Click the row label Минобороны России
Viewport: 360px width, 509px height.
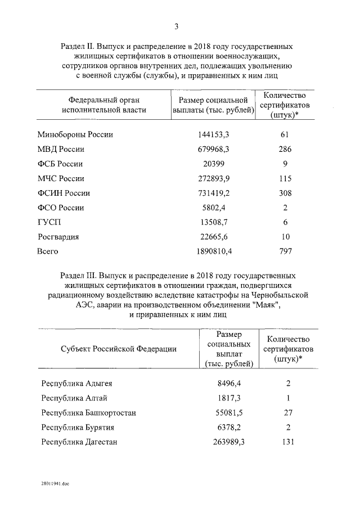tap(75, 135)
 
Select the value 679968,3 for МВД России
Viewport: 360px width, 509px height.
tap(213, 150)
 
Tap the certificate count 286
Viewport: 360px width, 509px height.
tap(285, 150)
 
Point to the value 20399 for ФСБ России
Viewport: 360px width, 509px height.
tap(213, 164)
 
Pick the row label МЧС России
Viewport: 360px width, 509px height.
tap(61, 179)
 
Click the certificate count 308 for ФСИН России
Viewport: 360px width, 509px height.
tap(285, 193)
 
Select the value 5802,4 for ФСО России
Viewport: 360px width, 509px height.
tap(213, 208)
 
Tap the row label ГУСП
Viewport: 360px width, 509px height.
tap(49, 223)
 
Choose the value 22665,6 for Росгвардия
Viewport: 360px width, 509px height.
tap(213, 237)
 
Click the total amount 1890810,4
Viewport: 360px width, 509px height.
tap(213, 251)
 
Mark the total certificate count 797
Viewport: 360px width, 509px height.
tap(285, 251)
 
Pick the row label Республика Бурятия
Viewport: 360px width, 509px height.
tap(78, 427)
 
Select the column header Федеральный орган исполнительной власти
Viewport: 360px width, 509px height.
tap(104, 105)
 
